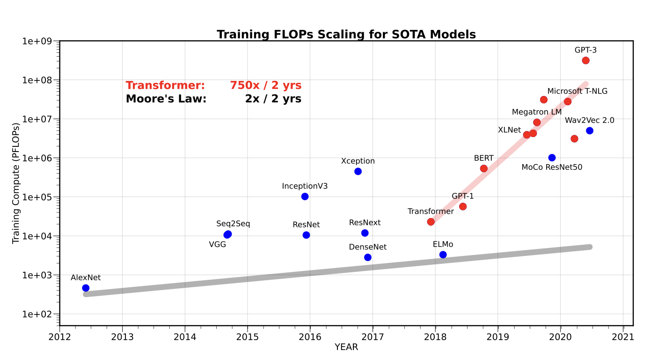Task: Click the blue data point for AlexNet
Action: [x=86, y=288]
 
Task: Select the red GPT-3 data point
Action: [x=585, y=60]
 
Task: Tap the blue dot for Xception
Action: [x=358, y=171]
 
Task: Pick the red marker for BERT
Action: [x=484, y=168]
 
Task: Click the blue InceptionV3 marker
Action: [x=305, y=197]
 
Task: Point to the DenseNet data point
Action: [x=368, y=257]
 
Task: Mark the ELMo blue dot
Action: [x=443, y=255]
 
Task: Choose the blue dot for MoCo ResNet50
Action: [x=552, y=158]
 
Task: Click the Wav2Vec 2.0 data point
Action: [x=590, y=131]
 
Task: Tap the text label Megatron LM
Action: [x=537, y=112]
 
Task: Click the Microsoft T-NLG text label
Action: [x=577, y=91]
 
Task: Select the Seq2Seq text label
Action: [x=233, y=224]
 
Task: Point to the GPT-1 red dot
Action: [x=463, y=206]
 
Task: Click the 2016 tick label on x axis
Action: [x=310, y=336]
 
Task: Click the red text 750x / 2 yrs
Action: [x=265, y=86]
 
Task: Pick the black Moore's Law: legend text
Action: [x=166, y=99]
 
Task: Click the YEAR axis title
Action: [x=346, y=347]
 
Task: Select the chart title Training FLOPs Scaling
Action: [x=346, y=34]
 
